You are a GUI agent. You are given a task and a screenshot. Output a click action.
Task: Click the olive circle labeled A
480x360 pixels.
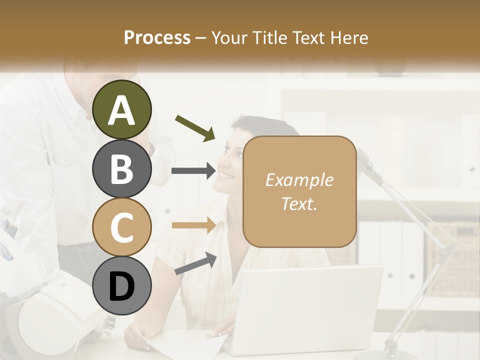pos(121,109)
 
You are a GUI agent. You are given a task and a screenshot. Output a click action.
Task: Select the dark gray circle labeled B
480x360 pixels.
pos(121,168)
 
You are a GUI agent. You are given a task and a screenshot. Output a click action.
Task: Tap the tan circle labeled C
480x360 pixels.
pos(121,227)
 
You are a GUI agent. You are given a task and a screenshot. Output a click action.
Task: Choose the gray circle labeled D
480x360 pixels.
pos(121,286)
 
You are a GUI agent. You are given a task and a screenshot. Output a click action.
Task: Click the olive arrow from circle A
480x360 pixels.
pos(195,127)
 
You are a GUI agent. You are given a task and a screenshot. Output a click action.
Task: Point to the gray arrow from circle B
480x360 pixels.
pos(193,171)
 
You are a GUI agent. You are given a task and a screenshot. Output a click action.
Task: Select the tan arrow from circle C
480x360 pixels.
pos(193,225)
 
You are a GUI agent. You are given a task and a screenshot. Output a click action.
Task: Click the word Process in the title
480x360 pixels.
pos(157,37)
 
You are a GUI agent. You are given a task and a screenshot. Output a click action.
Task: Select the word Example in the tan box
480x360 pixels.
pos(299,180)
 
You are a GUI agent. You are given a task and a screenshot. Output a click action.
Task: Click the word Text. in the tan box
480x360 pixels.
pos(299,203)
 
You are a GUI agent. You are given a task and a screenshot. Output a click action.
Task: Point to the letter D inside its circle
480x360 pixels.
pos(121,286)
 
